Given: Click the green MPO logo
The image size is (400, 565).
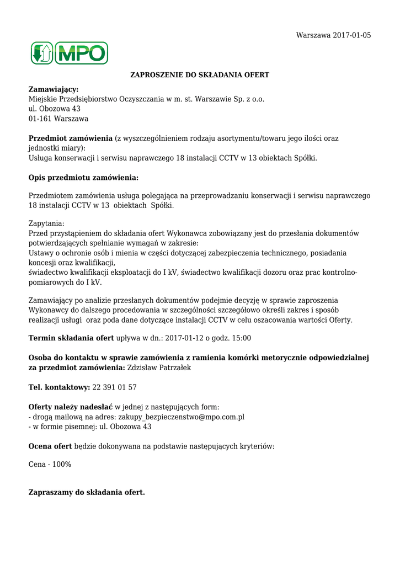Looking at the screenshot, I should pyautogui.click(x=69, y=53).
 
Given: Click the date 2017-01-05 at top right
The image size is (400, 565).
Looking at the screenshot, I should pyautogui.click(x=352, y=35).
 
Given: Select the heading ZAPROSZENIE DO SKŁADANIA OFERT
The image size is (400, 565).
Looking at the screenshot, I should pyautogui.click(x=199, y=74).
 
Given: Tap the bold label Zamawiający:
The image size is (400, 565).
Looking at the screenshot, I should pyautogui.click(x=54, y=89).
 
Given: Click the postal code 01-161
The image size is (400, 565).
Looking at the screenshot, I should pyautogui.click(x=39, y=119).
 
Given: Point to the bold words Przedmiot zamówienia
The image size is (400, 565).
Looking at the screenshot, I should pyautogui.click(x=71, y=138).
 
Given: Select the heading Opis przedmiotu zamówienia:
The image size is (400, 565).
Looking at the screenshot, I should pyautogui.click(x=83, y=178).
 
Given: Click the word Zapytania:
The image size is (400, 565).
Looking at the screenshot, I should pyautogui.click(x=46, y=223).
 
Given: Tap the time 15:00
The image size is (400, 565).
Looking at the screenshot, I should pyautogui.click(x=242, y=338).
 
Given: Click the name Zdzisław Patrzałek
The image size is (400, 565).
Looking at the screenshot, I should pyautogui.click(x=159, y=367).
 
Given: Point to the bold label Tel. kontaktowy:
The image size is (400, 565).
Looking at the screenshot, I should pyautogui.click(x=59, y=387).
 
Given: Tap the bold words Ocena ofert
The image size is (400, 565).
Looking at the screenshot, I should pyautogui.click(x=50, y=446).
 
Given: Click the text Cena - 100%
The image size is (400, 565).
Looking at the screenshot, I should pyautogui.click(x=50, y=465).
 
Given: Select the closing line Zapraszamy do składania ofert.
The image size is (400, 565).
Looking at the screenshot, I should pyautogui.click(x=87, y=492).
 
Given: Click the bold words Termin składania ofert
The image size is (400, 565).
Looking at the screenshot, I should pyautogui.click(x=71, y=338).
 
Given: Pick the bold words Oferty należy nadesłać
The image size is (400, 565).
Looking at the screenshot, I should pyautogui.click(x=70, y=407).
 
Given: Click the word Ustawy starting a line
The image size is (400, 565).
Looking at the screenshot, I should pyautogui.click(x=41, y=253).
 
